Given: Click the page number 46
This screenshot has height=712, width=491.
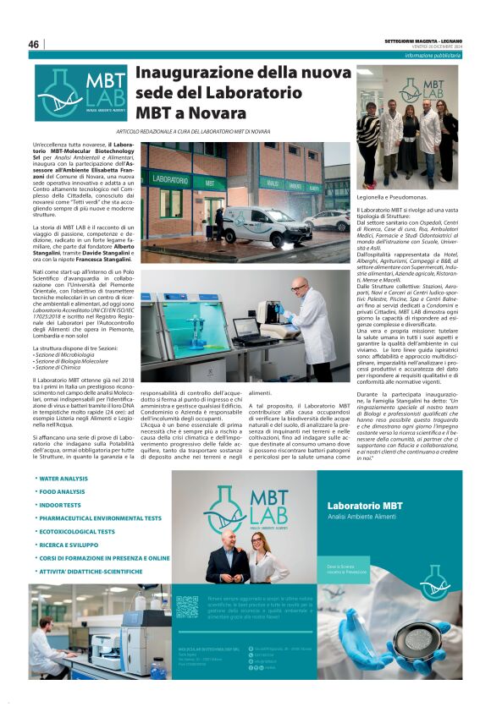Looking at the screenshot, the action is (x=34, y=44).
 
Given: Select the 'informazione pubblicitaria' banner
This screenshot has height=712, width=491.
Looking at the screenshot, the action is (x=432, y=55).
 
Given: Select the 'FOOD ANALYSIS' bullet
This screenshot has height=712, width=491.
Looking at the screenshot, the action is (x=62, y=491).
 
